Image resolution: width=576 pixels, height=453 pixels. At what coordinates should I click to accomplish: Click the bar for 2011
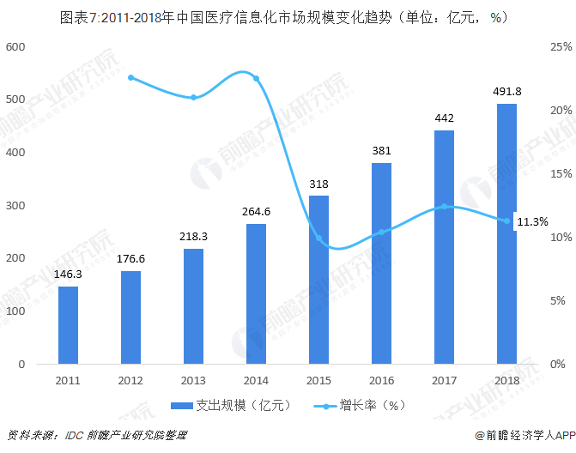[x=68, y=324]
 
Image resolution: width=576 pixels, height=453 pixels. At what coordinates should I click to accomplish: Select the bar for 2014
[x=256, y=293]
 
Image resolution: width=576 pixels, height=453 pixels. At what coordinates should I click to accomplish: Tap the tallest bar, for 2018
[x=506, y=233]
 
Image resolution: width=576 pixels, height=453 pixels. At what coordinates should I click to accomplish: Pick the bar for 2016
[x=381, y=263]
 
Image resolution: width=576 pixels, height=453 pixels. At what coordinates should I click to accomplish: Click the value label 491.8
[x=506, y=92]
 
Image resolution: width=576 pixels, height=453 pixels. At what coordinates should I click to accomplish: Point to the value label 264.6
[x=256, y=212]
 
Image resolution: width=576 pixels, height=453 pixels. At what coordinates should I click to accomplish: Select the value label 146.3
[x=68, y=275]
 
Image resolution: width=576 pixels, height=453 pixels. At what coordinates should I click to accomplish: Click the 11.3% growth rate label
[x=532, y=221]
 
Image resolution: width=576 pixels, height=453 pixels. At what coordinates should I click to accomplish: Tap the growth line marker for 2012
[x=130, y=77]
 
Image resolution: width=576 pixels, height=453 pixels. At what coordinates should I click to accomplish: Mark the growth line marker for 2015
[x=318, y=239]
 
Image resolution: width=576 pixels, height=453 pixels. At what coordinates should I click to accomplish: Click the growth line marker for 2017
[x=444, y=206]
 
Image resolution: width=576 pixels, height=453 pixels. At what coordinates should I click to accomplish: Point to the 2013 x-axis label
[x=193, y=379]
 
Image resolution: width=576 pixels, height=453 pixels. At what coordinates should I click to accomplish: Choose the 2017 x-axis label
[x=444, y=379]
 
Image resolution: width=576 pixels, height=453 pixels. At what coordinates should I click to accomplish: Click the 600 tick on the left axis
[x=15, y=46]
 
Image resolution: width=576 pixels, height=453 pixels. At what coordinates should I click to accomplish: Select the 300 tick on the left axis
[x=15, y=205]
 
